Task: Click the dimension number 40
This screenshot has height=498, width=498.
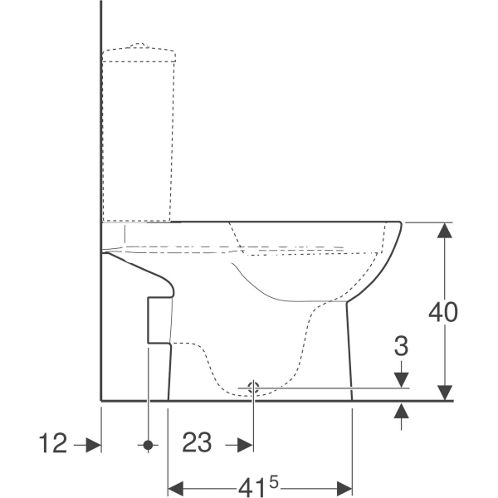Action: [x=443, y=311]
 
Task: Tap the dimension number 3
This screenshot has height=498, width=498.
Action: [x=401, y=346]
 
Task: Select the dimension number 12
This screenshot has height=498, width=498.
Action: [x=53, y=443]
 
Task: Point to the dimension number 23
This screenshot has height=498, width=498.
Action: [x=197, y=442]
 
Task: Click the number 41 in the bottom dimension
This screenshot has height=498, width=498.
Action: [x=251, y=487]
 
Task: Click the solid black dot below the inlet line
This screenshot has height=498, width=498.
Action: [x=148, y=445]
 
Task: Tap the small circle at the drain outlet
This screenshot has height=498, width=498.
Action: [x=253, y=388]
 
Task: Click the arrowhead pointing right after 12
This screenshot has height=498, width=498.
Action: [x=94, y=445]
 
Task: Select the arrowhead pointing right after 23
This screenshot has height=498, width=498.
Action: [x=246, y=445]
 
